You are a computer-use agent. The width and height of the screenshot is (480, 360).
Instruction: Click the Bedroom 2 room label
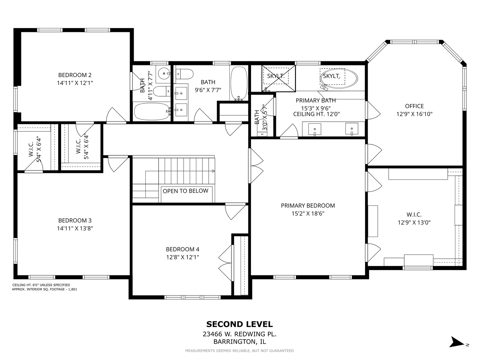75,75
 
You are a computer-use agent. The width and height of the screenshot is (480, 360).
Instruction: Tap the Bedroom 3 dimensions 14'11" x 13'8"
75,228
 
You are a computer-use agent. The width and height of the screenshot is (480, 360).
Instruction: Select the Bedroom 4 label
182,249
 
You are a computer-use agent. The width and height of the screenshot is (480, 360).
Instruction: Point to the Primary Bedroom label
308,206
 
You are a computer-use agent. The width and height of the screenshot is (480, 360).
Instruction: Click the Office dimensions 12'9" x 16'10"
414,114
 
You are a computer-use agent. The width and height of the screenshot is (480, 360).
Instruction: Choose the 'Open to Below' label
185,191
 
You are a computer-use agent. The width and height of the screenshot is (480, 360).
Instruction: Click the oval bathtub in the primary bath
339,79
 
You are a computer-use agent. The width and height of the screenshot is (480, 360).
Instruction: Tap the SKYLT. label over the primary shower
276,76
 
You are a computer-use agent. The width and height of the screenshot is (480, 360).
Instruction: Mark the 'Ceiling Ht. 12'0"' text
316,114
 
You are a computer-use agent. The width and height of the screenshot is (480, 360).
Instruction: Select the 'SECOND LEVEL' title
239,324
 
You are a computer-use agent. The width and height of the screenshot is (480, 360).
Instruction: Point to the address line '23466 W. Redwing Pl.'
239,334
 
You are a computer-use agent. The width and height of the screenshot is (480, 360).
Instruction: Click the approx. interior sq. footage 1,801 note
44,289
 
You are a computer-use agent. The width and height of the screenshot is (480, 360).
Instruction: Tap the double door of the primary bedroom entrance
256,166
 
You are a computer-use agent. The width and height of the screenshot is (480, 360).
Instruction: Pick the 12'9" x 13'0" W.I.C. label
414,219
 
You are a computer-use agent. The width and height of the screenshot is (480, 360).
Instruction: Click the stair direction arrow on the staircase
213,171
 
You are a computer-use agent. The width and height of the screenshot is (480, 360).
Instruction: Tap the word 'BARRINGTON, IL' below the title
239,342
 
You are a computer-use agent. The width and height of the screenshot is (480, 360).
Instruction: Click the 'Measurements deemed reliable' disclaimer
239,351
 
